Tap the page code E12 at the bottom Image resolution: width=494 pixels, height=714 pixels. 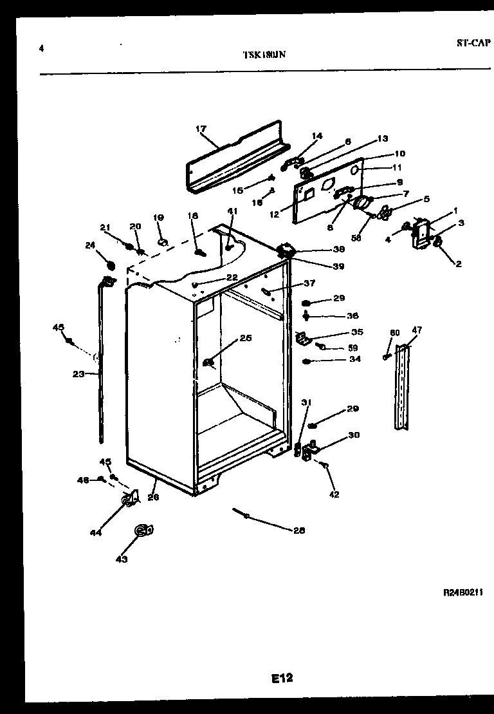click(x=282, y=677)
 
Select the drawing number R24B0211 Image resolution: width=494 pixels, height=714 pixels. click(x=462, y=593)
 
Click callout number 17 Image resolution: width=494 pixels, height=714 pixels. click(x=200, y=129)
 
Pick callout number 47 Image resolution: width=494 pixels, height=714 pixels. click(x=417, y=330)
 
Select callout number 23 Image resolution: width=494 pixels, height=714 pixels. click(x=78, y=373)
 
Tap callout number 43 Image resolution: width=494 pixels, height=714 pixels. click(x=122, y=559)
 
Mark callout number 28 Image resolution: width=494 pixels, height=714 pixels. click(x=298, y=531)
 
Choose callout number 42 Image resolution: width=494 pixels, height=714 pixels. click(x=334, y=494)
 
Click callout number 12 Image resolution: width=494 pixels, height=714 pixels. click(x=274, y=214)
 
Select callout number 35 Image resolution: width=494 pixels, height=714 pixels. click(x=357, y=332)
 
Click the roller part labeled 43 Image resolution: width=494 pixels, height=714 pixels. click(x=142, y=531)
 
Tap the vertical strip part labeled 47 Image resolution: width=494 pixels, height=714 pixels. click(x=403, y=386)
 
